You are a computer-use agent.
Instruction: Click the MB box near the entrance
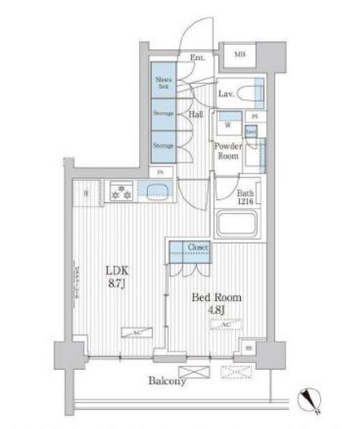pos(239,54)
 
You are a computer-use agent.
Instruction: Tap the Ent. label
pos(198,58)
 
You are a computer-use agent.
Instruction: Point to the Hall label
pos(196,114)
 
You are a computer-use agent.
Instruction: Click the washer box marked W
pos(227,125)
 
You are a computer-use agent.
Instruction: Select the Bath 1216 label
pos(246,196)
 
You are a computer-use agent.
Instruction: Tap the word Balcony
pos(167,382)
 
